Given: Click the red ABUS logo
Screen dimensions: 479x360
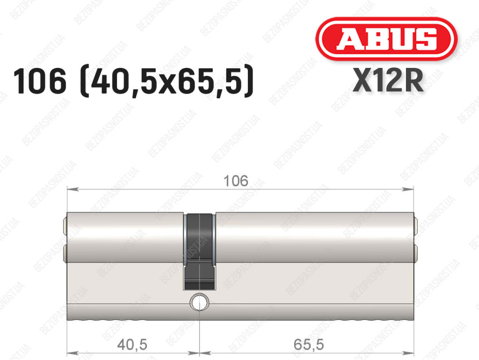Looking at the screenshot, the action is tap(386, 39).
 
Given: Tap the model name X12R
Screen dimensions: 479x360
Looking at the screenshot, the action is tap(388, 81).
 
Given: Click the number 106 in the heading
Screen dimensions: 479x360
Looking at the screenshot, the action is tap(40, 81).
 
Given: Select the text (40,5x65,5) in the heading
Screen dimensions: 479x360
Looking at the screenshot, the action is tap(167, 82).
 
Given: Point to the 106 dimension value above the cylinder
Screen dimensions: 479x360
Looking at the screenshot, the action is tap(236, 181).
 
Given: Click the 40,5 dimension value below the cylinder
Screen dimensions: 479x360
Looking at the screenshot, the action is tap(132, 345).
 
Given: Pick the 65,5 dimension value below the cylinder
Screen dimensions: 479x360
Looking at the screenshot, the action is tap(309, 345).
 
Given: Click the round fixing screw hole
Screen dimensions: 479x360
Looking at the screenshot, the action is tap(199, 302).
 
